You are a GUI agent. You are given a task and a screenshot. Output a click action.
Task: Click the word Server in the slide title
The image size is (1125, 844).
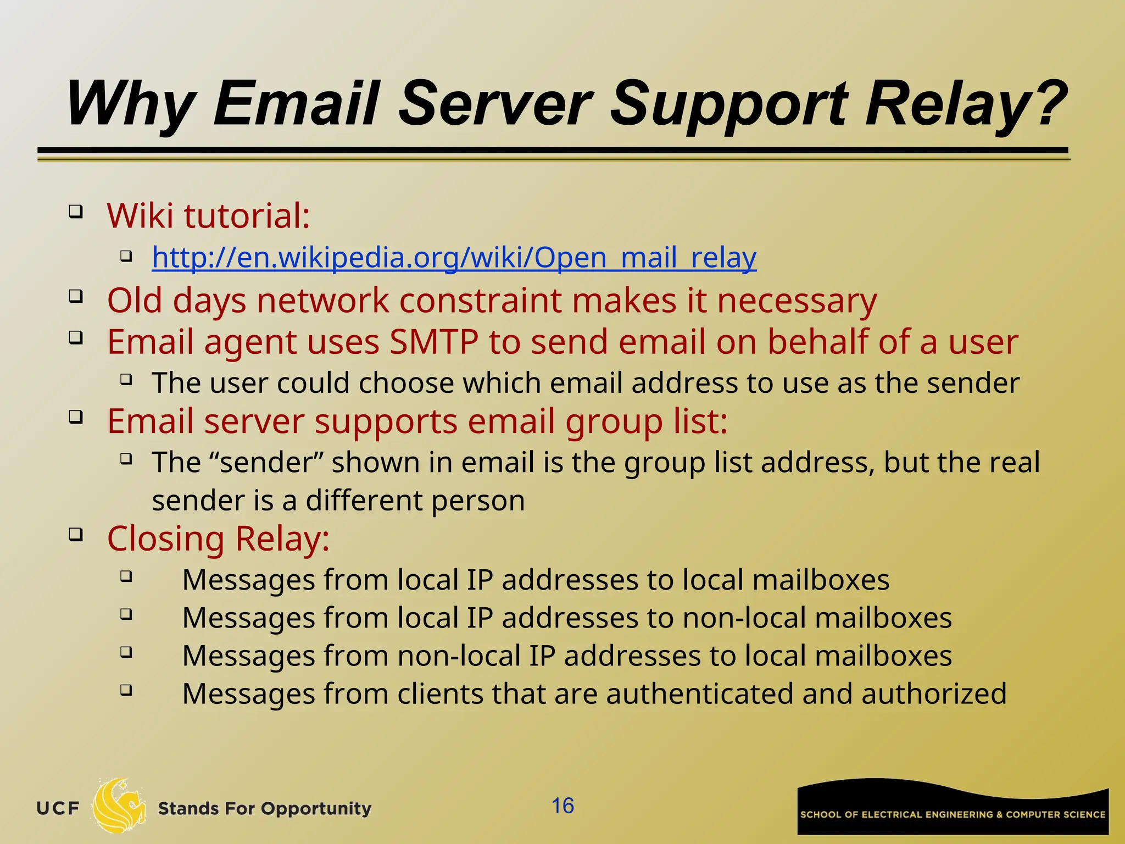point(494,103)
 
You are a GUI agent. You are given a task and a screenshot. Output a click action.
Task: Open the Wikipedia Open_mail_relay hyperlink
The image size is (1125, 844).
point(454,258)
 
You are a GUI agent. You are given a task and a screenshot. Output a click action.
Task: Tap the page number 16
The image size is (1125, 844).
point(562,806)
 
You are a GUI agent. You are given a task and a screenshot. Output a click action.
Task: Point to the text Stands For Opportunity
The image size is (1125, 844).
point(264,809)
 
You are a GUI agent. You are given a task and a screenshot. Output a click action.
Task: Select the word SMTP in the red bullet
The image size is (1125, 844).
point(434,342)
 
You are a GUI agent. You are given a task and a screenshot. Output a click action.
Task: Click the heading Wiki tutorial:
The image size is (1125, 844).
point(208,215)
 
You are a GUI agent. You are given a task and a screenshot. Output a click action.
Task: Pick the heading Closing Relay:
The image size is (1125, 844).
point(218,538)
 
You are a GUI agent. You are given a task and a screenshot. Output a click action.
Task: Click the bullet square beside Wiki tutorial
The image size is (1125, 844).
point(76,212)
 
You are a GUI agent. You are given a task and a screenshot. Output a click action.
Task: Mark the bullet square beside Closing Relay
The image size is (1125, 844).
point(76,534)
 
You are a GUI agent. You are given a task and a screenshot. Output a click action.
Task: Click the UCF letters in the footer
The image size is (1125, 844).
point(58,809)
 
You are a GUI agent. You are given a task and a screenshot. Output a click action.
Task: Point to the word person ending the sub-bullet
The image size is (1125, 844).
point(477,501)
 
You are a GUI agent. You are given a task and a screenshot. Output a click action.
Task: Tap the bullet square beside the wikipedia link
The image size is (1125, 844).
point(126,256)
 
